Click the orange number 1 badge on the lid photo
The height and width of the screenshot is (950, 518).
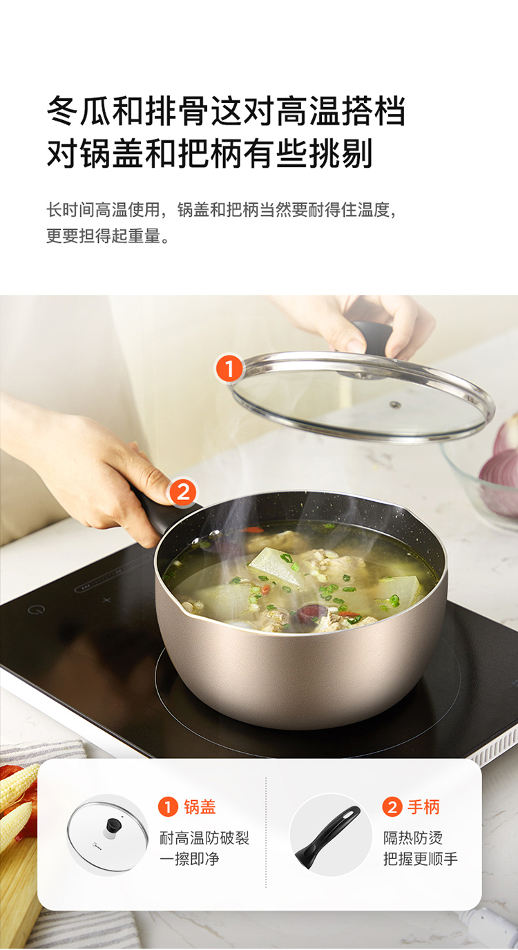[x=229, y=369]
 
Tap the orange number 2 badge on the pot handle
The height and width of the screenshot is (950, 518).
[x=183, y=492]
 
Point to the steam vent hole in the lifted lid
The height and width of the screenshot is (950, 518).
[x=395, y=405]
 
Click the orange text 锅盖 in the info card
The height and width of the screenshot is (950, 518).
[x=200, y=806]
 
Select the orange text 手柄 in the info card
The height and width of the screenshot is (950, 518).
[x=423, y=806]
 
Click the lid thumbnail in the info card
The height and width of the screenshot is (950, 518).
[x=107, y=834]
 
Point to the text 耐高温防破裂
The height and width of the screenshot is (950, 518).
[x=204, y=837]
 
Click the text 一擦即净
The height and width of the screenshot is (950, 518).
[x=189, y=860]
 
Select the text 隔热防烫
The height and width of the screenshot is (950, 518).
[x=413, y=837]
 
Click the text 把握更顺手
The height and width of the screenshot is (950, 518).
[x=421, y=860]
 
